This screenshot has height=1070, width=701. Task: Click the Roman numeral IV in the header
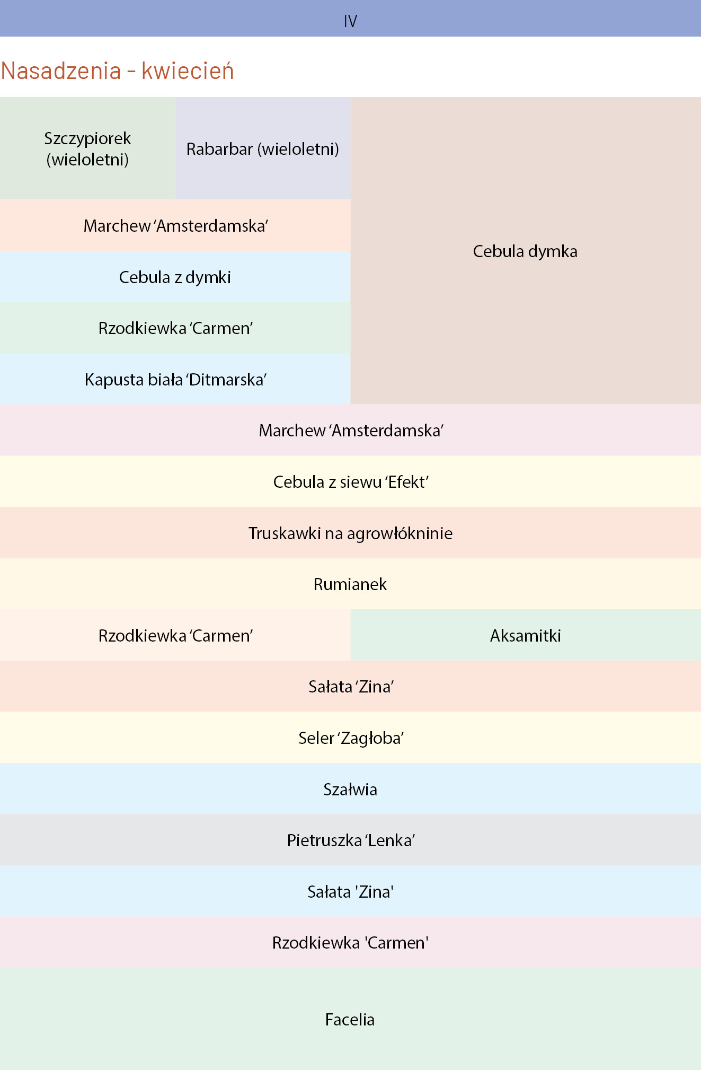[350, 21]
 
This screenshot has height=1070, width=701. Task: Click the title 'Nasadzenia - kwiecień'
[118, 71]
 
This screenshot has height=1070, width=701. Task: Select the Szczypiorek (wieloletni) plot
[87, 148]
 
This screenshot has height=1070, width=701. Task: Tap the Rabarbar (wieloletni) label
[263, 149]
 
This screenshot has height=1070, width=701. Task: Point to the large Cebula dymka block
[526, 251]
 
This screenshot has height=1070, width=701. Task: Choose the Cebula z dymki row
[175, 277]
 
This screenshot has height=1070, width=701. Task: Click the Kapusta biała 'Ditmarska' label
[175, 380]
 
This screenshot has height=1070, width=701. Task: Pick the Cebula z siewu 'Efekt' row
[350, 481]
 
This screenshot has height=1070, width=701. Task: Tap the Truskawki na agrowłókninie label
[350, 533]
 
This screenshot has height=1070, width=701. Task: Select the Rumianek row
[350, 584]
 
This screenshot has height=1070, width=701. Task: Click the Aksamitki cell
[526, 635]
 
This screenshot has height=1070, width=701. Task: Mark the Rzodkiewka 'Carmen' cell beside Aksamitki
[175, 635]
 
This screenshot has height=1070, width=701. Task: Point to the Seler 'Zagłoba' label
[351, 738]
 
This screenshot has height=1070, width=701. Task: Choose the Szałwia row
[350, 789]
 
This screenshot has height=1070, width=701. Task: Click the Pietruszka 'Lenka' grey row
[350, 840]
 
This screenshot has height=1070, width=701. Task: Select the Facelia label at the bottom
[350, 1019]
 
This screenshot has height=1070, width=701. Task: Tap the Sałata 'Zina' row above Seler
[350, 686]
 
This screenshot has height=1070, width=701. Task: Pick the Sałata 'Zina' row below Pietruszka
[350, 891]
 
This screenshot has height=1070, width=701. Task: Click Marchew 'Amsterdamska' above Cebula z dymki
[175, 225]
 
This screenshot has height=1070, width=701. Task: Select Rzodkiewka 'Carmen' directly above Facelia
[350, 942]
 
